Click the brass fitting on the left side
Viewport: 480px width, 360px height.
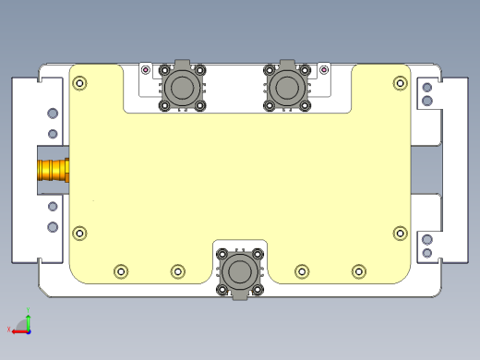(54, 170)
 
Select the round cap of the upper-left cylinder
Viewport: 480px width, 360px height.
(182, 88)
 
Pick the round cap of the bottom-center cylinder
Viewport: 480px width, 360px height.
(240, 271)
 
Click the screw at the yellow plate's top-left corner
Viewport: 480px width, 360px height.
(79, 82)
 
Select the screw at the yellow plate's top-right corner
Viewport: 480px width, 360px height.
(400, 82)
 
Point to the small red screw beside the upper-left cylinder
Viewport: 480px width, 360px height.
(145, 69)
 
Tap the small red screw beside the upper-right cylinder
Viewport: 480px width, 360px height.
(323, 69)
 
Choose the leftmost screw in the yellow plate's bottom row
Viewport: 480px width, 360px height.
(121, 270)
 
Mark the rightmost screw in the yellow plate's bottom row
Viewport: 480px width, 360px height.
(359, 270)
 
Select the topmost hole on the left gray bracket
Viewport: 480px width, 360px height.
(53, 114)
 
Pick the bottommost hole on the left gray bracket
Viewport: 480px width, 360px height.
(53, 226)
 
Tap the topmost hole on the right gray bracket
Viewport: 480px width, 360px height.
(426, 89)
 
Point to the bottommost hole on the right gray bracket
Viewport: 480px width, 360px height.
(426, 252)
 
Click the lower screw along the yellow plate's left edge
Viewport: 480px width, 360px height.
(79, 233)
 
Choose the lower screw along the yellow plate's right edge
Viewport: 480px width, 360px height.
(400, 233)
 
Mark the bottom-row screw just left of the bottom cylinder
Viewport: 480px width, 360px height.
(178, 270)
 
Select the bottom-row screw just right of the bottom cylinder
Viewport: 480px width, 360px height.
(302, 270)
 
